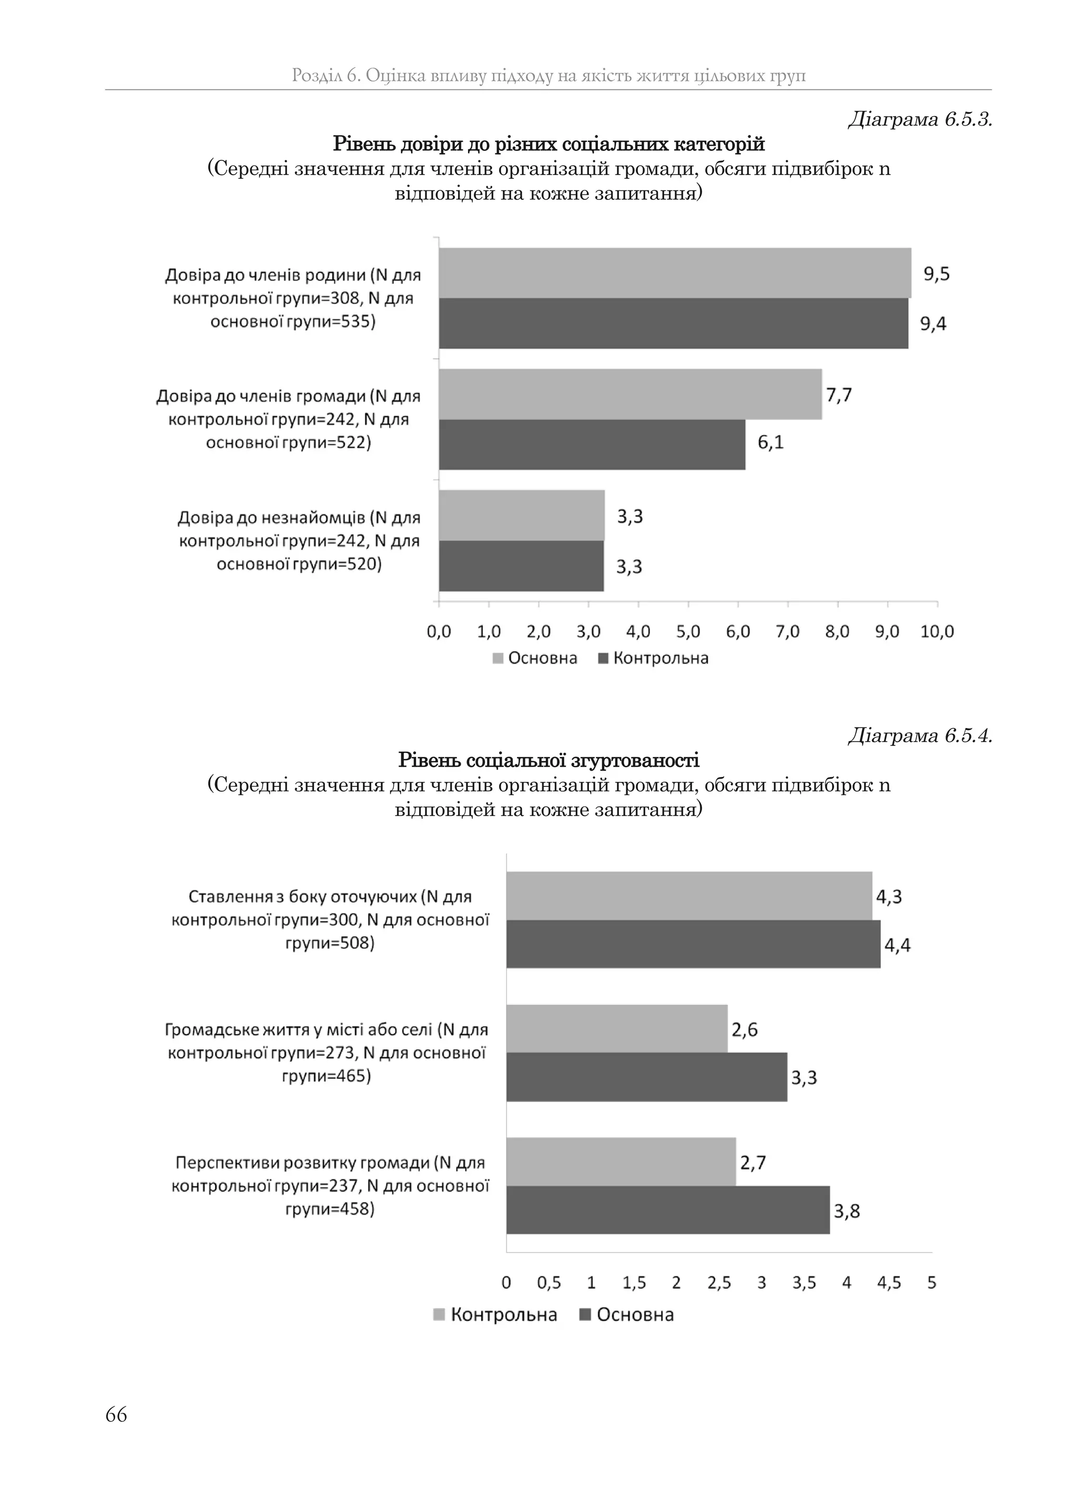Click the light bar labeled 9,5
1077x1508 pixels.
pos(675,273)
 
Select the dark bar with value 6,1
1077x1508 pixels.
pos(592,444)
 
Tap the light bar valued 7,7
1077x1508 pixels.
pos(630,394)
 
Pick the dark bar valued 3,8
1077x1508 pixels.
pos(667,1210)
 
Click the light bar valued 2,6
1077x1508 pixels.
pos(617,1028)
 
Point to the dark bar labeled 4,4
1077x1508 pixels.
pos(693,944)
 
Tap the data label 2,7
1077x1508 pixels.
pos(753,1162)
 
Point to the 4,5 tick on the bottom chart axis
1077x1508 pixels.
pos(889,1282)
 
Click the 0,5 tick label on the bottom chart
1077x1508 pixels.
pos(548,1282)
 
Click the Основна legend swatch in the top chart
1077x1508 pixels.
pos(498,659)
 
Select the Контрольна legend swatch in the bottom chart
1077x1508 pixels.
pos(439,1314)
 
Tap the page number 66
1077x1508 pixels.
pos(116,1414)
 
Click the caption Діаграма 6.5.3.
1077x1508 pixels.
pos(920,119)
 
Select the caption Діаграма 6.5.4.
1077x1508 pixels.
pos(920,735)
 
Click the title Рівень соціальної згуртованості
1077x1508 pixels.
pos(548,760)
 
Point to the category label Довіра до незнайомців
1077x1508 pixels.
pos(299,517)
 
